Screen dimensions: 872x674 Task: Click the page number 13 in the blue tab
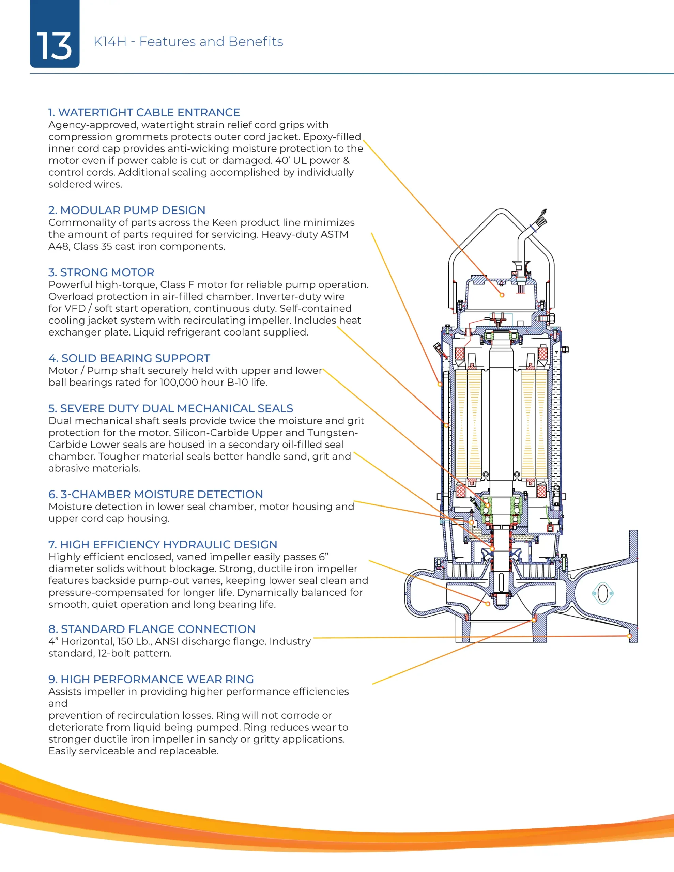(x=54, y=46)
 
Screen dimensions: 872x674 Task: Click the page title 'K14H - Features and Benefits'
(x=188, y=42)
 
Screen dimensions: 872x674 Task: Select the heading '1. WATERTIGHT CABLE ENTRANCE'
(x=144, y=113)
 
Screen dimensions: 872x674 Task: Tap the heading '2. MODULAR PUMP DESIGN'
(x=127, y=211)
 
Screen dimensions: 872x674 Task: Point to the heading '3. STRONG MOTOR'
(x=101, y=272)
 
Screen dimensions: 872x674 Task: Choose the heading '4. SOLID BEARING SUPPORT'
(x=129, y=358)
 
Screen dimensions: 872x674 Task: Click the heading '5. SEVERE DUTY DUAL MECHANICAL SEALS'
(x=171, y=408)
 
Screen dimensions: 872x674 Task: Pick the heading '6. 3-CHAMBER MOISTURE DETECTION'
(x=155, y=494)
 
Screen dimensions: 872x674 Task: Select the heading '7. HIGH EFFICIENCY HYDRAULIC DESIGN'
(x=163, y=545)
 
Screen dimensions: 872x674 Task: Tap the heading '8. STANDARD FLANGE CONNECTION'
(x=152, y=629)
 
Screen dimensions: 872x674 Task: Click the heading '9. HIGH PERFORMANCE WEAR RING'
(x=151, y=679)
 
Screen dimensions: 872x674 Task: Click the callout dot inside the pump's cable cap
(x=502, y=295)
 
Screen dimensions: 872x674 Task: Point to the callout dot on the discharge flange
(x=629, y=636)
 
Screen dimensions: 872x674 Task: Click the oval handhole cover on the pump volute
(x=602, y=594)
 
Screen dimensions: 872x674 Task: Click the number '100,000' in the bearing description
(x=179, y=383)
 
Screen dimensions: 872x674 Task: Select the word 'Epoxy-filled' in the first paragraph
(x=332, y=137)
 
